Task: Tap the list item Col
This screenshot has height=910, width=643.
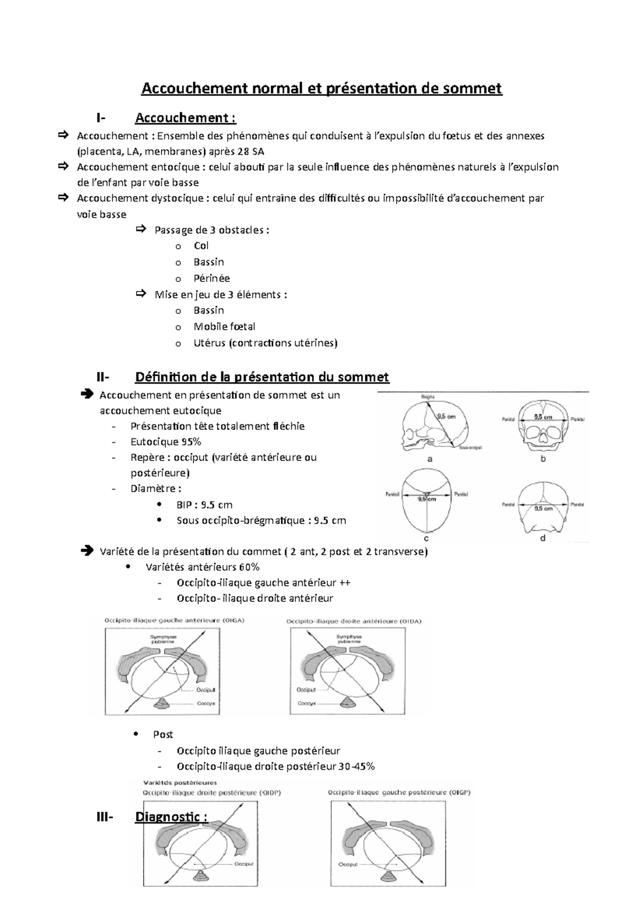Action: [201, 246]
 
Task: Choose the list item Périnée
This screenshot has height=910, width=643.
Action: [212, 278]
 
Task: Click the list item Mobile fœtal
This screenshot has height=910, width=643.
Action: [224, 326]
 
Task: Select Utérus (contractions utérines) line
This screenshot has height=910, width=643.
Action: [265, 343]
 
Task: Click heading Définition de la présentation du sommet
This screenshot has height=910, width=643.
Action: [262, 377]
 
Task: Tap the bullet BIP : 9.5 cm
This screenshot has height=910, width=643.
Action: [204, 505]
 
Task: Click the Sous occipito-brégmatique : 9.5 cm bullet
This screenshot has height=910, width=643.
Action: [261, 520]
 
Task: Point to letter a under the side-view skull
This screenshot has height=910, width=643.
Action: [429, 459]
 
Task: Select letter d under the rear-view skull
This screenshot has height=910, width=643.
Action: [543, 538]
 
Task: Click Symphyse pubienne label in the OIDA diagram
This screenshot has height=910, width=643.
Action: [349, 639]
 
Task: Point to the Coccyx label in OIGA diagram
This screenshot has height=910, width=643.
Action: [206, 703]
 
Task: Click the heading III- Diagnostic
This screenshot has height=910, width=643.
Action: [171, 817]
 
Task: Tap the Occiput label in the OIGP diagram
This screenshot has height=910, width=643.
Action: [348, 864]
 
